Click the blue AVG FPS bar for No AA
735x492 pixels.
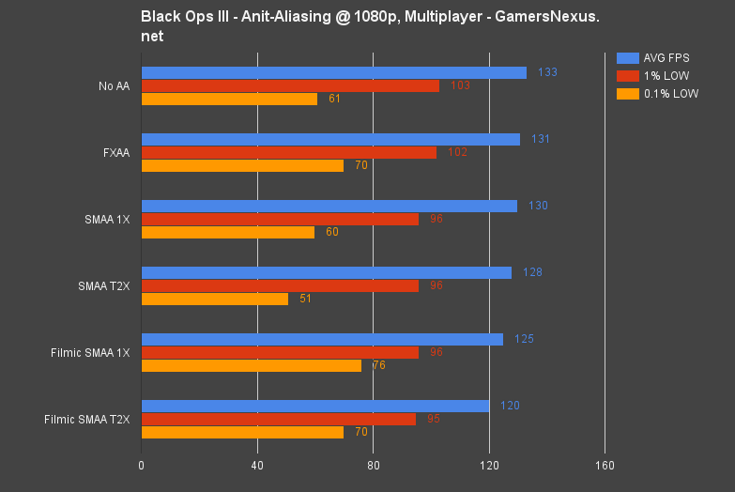pos(333,72)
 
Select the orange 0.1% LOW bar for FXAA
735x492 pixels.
pos(242,165)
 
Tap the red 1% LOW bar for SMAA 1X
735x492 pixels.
pos(280,219)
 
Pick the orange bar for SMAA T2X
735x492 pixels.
pos(215,299)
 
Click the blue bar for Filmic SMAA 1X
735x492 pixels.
pos(322,339)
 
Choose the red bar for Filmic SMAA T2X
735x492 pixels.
pos(278,419)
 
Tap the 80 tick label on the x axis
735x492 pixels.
pos(373,465)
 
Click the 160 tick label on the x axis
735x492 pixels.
pos(605,465)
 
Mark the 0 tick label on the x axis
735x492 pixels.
pos(141,465)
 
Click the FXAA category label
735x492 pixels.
pos(116,153)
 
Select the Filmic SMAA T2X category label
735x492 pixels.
pos(86,419)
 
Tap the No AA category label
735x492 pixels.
pos(114,86)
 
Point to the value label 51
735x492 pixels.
pos(305,299)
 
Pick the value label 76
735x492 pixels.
pos(378,365)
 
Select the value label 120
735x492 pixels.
pos(510,406)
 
